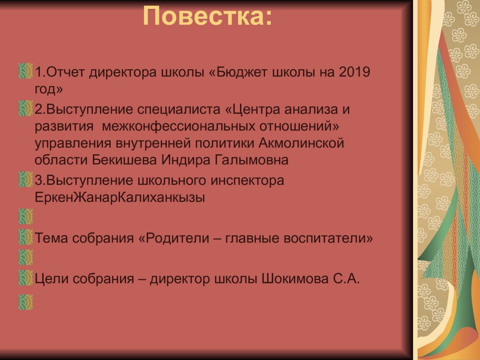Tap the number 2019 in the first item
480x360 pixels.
(354, 72)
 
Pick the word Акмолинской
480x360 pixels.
(301, 143)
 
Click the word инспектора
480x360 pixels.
(247, 180)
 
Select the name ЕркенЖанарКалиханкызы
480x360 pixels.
(120, 197)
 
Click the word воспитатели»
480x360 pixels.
(328, 238)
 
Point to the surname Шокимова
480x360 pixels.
(294, 279)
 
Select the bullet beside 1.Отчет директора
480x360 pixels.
(26, 71)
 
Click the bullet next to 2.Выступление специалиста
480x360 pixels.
(26, 108)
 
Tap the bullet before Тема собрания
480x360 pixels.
(26, 237)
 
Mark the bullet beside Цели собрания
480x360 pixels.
(26, 277)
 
